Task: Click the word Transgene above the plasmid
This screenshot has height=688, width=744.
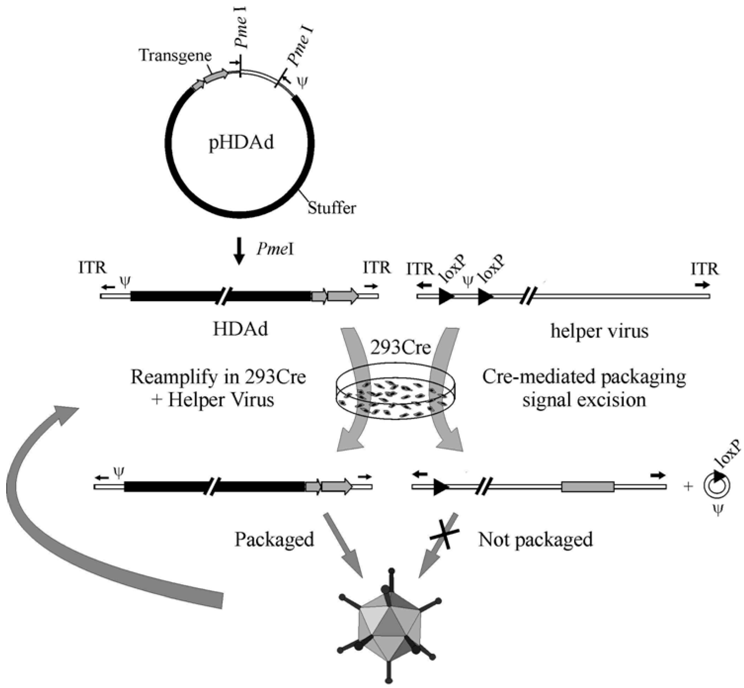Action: tap(175, 56)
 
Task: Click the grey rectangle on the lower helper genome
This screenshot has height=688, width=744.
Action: tap(588, 487)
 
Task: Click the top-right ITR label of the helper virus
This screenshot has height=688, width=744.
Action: tap(704, 269)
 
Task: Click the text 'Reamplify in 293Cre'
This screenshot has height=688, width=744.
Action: tap(218, 377)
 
